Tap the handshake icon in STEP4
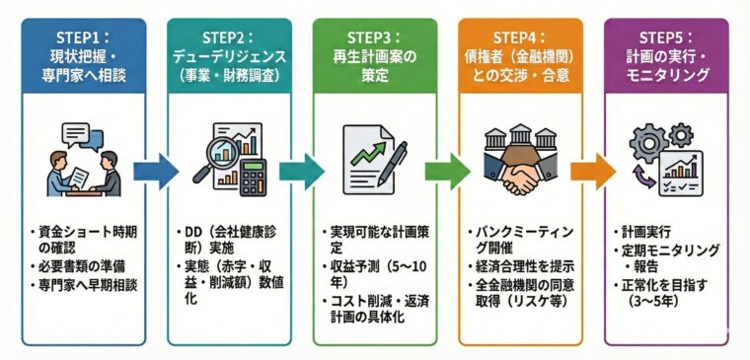[519, 174]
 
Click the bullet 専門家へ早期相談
[90, 284]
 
